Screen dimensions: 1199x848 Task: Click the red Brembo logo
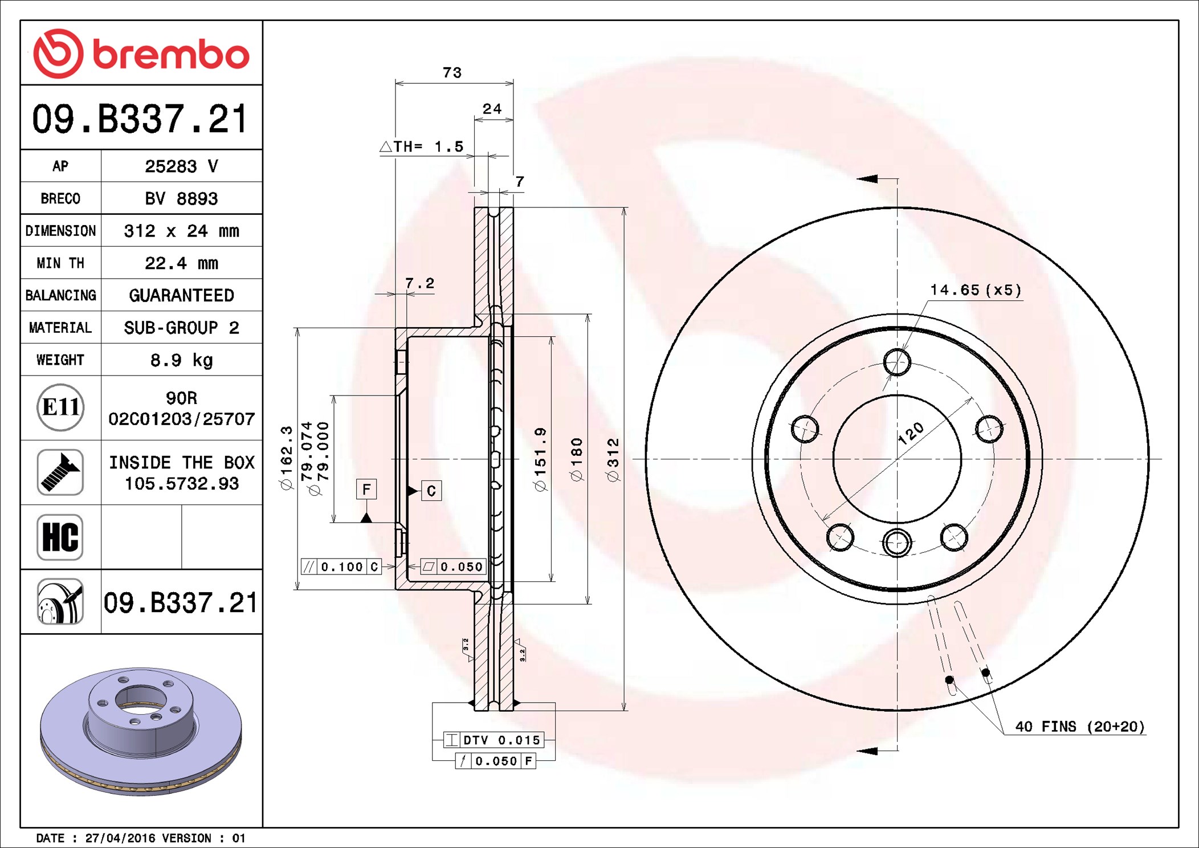coord(141,54)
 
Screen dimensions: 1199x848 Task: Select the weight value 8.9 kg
coord(182,360)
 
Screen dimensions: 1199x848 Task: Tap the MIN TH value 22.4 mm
coord(182,263)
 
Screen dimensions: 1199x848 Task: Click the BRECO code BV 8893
coord(181,198)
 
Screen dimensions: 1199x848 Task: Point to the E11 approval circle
coord(60,407)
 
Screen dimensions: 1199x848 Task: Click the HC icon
coord(60,537)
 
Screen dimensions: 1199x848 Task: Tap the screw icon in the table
coord(60,472)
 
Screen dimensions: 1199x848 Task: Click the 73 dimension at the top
coord(452,72)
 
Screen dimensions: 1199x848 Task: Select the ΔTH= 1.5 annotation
coord(422,146)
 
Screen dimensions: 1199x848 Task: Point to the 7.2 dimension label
coord(419,283)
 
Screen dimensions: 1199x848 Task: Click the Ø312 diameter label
coord(613,460)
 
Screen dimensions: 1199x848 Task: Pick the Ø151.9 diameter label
coord(540,459)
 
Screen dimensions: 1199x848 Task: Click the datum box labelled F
coord(366,489)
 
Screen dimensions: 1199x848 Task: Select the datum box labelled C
coord(431,491)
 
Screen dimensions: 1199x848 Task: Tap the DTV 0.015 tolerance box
coord(494,740)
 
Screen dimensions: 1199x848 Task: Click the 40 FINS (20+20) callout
coord(1080,727)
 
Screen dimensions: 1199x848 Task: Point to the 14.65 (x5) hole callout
coord(976,290)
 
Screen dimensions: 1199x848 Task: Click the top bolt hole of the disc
coord(897,362)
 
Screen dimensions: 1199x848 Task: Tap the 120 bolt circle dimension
coord(911,433)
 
